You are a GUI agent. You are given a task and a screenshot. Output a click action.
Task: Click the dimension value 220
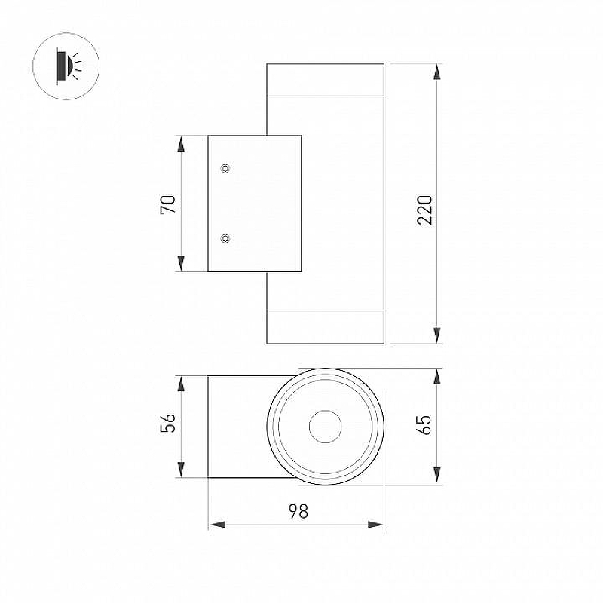(x=425, y=210)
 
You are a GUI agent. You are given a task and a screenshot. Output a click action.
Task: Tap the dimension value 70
(x=169, y=204)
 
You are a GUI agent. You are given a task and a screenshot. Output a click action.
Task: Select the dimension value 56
(x=169, y=424)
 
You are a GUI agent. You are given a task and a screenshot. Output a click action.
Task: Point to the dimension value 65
(x=425, y=424)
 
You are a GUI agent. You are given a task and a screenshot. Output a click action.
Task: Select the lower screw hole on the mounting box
(x=225, y=239)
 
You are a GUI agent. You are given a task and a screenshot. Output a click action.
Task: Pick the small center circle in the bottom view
(x=326, y=427)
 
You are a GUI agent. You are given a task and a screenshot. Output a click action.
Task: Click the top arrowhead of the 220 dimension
(x=437, y=72)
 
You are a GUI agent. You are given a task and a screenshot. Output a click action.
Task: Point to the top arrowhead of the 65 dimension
(x=437, y=375)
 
